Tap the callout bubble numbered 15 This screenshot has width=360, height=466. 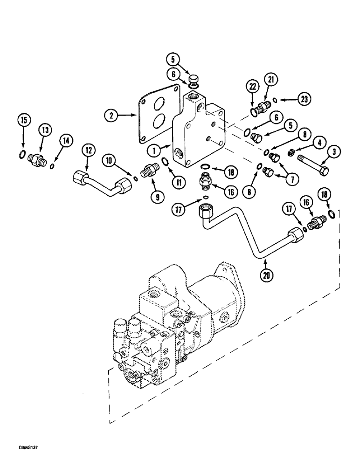coord(22,120)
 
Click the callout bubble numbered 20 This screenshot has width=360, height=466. coord(267,274)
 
